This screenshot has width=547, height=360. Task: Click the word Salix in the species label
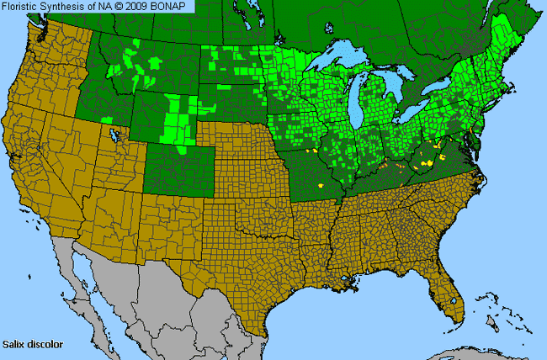[x=14, y=344]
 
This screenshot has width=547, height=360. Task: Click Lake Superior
[x=340, y=64]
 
